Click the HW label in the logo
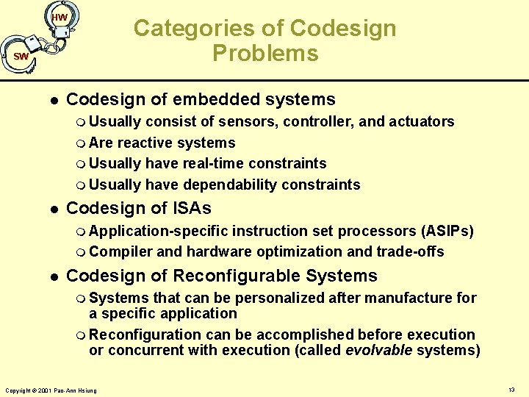click(x=60, y=17)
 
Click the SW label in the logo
click(x=21, y=57)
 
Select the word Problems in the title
click(x=265, y=54)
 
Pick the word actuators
click(x=420, y=122)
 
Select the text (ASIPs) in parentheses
click(x=446, y=232)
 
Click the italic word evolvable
click(x=378, y=351)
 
